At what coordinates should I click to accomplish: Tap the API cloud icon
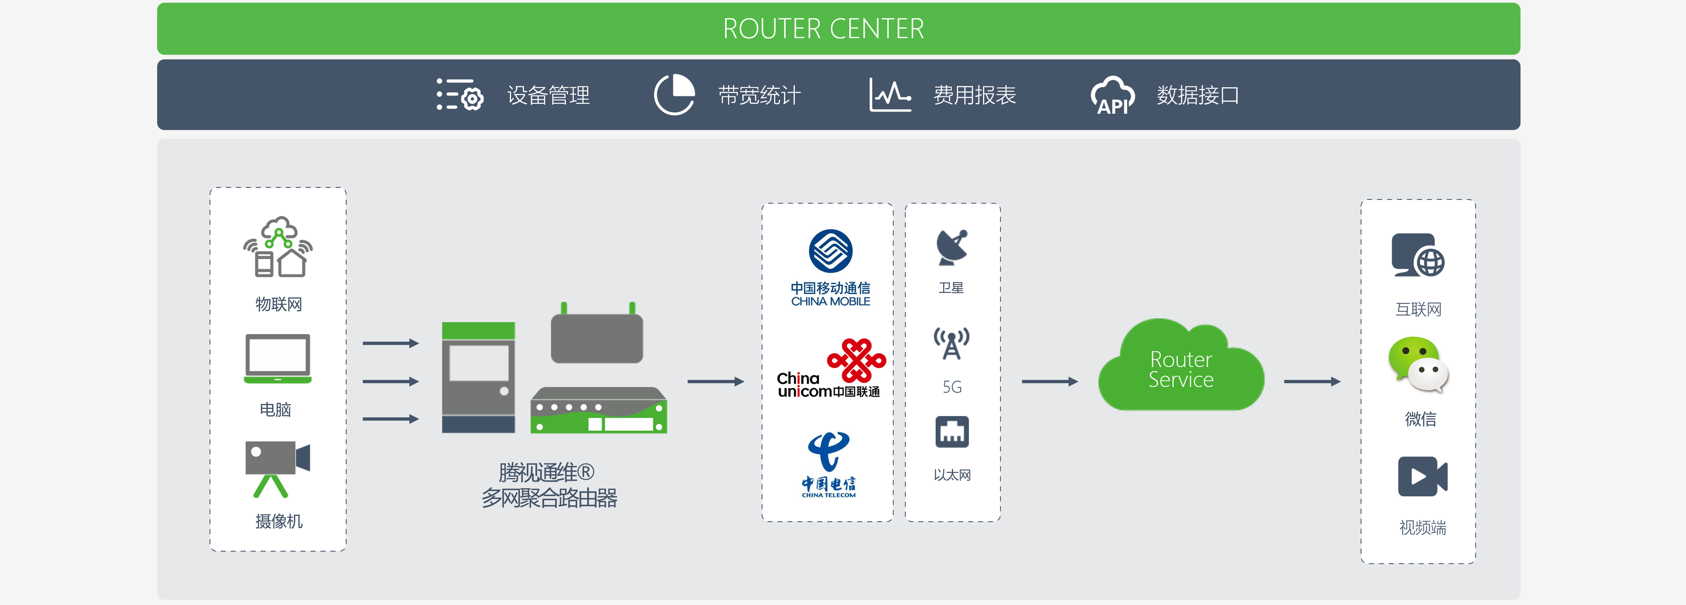(1113, 96)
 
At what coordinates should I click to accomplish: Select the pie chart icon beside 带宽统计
(674, 95)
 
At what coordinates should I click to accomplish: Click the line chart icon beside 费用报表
(890, 95)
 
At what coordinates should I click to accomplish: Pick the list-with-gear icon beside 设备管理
(459, 95)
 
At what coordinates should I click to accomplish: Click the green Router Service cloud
(1181, 367)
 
